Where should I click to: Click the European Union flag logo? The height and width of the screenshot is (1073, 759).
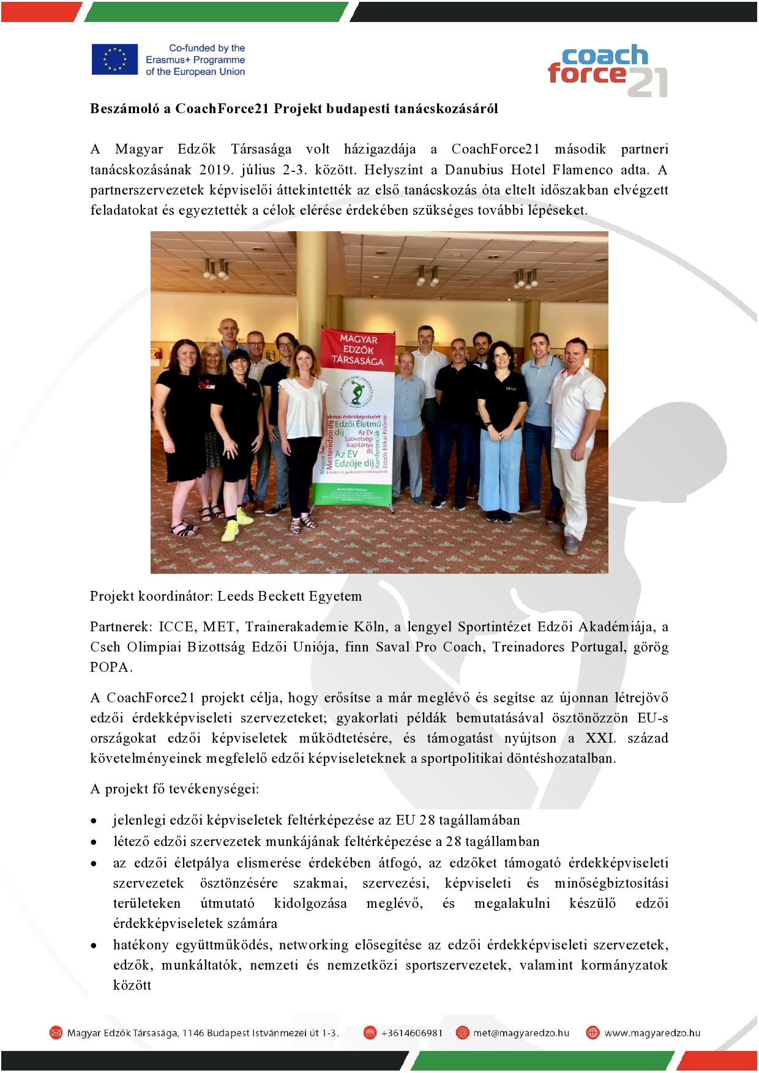click(114, 59)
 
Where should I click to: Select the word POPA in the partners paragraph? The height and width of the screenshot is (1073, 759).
click(110, 667)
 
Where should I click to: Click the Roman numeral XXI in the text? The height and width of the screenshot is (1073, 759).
click(600, 738)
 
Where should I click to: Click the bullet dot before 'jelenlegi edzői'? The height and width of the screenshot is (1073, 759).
click(94, 821)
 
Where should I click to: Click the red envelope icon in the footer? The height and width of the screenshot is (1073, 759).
click(56, 1033)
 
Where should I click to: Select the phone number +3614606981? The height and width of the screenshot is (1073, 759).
click(411, 1033)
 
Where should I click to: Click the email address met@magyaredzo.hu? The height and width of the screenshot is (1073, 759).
click(521, 1033)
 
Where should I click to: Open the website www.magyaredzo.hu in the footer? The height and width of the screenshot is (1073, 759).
click(652, 1033)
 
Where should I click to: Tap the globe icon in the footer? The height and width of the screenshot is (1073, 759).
click(593, 1033)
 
